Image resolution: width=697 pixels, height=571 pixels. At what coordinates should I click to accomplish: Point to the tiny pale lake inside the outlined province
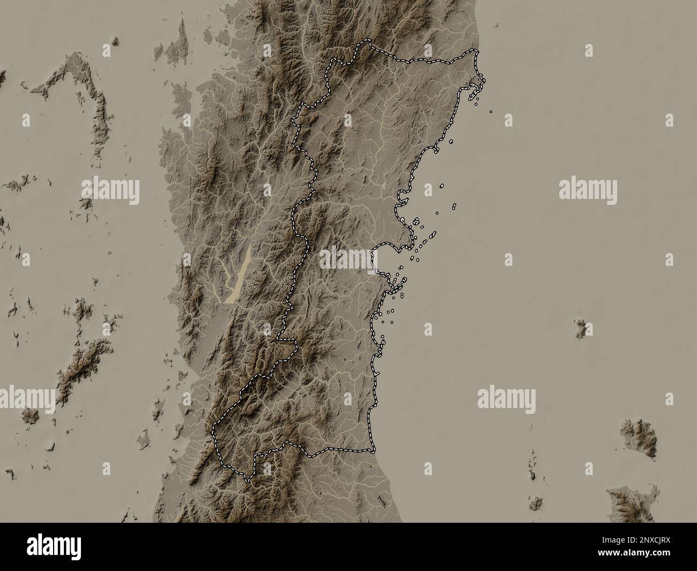(383, 184)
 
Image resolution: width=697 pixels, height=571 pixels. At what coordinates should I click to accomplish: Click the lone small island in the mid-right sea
(580, 328)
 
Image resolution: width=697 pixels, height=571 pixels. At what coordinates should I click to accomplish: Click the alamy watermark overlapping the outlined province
(349, 259)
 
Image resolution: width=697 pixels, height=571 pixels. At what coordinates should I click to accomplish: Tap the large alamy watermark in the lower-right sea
(506, 398)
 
